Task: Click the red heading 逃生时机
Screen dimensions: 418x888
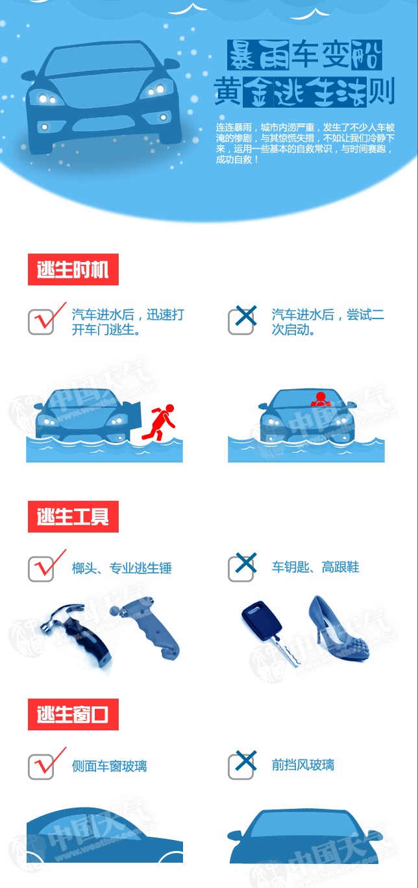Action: coord(73,269)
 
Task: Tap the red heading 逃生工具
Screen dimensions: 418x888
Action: coord(73,516)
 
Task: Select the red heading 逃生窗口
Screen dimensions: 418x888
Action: coord(73,714)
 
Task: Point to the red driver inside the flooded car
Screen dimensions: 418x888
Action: coord(320,399)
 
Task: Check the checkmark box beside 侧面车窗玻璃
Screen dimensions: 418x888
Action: coord(41,767)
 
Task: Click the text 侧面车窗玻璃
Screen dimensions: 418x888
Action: coord(110,766)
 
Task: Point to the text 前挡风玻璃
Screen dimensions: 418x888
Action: coord(303,765)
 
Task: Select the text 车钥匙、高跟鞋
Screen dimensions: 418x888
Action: coord(315,567)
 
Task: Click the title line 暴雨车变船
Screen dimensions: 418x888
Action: coord(304,54)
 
